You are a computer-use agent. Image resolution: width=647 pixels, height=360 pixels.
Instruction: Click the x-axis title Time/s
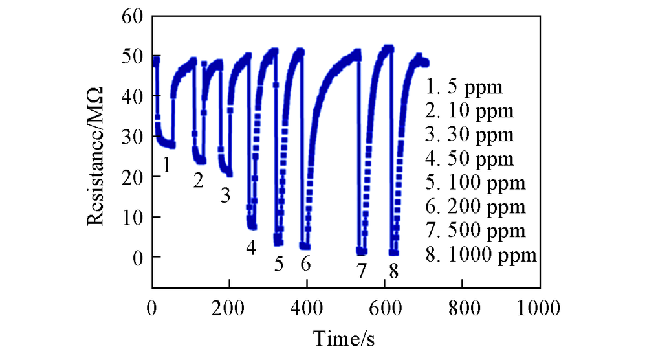[x=345, y=338]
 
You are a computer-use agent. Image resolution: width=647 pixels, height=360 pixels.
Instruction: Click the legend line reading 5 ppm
[x=464, y=87]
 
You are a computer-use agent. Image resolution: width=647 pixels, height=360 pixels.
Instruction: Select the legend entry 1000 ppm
[x=481, y=254]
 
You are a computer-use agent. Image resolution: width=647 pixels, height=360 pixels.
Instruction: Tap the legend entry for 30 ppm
[x=470, y=135]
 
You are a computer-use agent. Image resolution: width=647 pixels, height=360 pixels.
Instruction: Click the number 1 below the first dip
[x=166, y=166]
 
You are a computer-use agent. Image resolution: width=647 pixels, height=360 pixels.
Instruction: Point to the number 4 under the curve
[x=251, y=247]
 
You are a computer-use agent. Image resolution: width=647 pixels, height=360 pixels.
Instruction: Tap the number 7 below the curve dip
[x=362, y=270]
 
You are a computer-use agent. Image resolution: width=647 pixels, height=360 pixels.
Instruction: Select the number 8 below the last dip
[x=393, y=270]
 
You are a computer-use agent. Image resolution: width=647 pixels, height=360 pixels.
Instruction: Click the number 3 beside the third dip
[x=225, y=195]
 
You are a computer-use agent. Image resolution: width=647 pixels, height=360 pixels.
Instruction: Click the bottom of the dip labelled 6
[x=305, y=247]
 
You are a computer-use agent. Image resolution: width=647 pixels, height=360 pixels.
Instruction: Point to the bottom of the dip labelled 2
[x=201, y=161]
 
